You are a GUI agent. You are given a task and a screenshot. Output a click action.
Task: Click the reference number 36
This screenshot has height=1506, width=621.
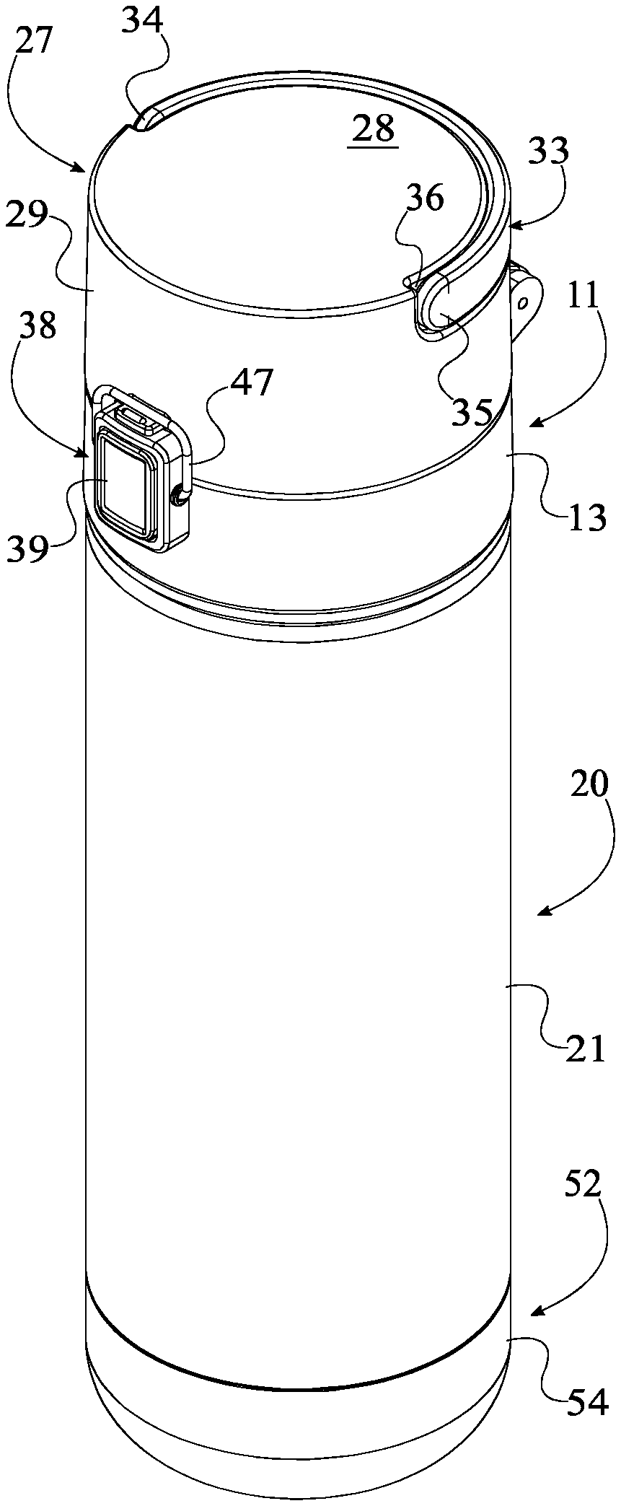pos(425,197)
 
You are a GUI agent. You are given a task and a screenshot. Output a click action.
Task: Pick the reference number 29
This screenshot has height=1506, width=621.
pos(27,214)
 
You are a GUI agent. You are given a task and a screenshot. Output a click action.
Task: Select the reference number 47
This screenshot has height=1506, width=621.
pos(251,382)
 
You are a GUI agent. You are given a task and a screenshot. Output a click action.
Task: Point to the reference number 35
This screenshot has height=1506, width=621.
pos(473,411)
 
